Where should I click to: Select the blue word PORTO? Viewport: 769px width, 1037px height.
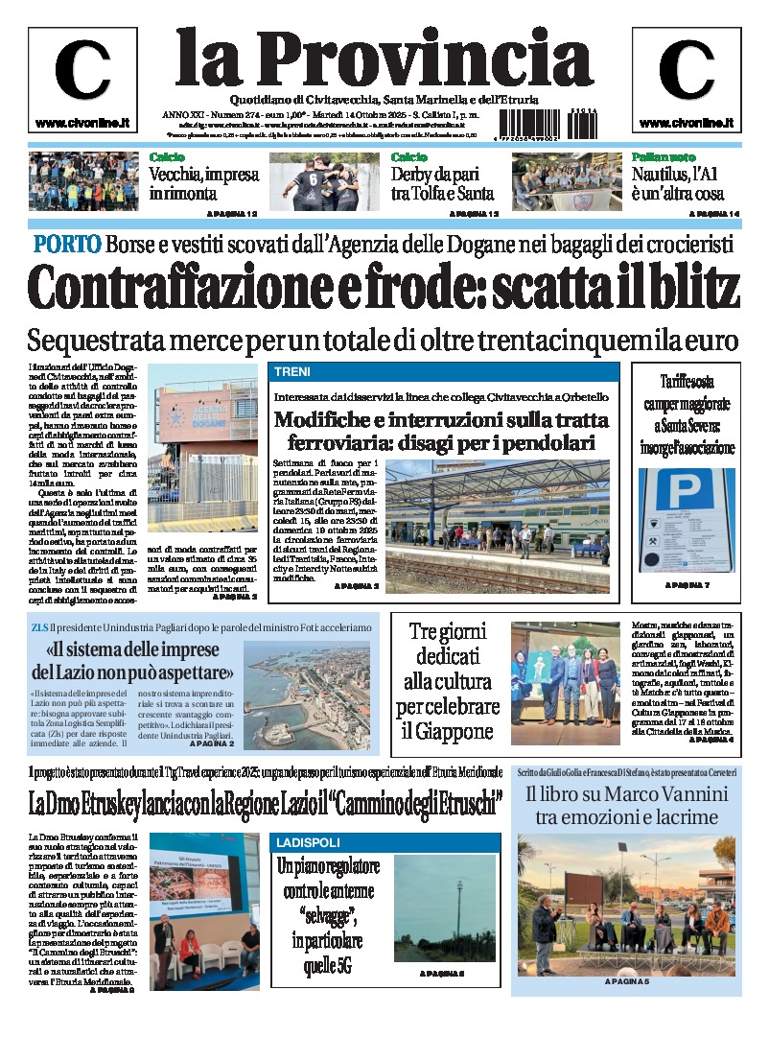pos(67,244)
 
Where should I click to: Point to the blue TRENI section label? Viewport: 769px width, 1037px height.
pos(291,372)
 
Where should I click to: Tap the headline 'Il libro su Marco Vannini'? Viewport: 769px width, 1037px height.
pos(627,794)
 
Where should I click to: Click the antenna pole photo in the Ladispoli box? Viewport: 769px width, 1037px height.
pos(444,908)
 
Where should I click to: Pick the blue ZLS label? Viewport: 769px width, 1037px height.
pos(45,628)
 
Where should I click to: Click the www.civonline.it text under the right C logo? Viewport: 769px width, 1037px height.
pos(686,123)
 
